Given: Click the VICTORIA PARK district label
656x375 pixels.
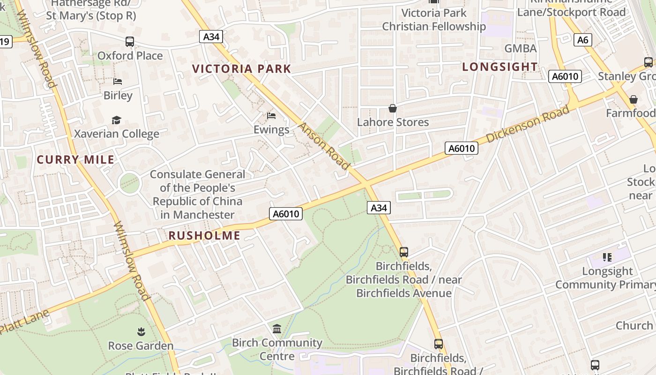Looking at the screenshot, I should pos(241,69).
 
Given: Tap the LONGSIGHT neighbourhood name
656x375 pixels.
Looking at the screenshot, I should pos(499,67).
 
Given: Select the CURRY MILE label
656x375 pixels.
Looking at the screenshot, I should pos(75,159).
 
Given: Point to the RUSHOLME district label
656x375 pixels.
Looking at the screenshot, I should pos(204,235).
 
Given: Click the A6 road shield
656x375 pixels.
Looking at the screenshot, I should pos(582,40).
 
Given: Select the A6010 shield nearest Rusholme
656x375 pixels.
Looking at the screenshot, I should pos(286,214).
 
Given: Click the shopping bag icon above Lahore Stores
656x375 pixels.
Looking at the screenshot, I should pos(393,108).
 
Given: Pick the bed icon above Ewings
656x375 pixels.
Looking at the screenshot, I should pos(271,116).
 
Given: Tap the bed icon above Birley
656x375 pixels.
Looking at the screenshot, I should pos(118,82).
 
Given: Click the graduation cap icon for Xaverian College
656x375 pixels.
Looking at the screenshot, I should pos(116,120).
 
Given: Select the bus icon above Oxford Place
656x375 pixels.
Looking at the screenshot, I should pos(130,42).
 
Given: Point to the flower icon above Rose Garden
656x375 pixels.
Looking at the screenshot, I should pos(141,332).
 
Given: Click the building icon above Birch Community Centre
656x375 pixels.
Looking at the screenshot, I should pos(277,329).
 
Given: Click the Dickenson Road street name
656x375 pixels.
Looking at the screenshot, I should pos(528,124).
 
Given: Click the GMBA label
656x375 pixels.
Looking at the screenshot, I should pos(520,48).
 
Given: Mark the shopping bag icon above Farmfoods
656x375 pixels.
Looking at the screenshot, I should pos(634,99).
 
